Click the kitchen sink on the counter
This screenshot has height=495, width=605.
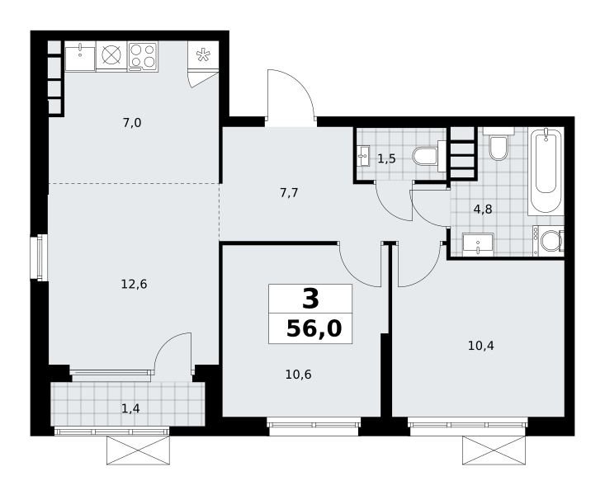coord(80,59)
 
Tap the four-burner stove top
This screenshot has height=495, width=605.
coord(142,57)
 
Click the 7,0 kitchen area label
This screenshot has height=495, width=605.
coord(132,123)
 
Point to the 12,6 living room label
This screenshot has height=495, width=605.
coord(134,285)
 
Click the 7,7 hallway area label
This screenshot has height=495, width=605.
coord(289,192)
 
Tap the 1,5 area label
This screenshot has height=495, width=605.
coord(386,158)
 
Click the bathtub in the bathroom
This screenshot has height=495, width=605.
coord(546,172)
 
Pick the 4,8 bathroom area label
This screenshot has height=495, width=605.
coord(483,209)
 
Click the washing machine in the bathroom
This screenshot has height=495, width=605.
coord(548,241)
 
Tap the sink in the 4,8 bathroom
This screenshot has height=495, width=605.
coord(478,244)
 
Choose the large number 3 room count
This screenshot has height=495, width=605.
coord(310,299)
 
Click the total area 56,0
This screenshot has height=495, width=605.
coord(314,328)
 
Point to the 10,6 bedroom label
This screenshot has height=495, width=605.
coord(298,375)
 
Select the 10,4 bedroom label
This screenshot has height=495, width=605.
coord(480,346)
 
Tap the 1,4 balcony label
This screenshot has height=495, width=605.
coord(130,408)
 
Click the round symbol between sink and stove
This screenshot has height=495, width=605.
coord(111,55)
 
